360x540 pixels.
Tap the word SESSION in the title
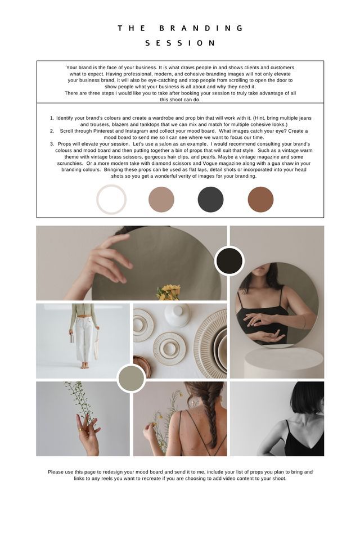click(x=180, y=43)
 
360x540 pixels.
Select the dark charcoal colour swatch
click(x=210, y=200)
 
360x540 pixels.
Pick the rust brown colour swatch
click(x=260, y=200)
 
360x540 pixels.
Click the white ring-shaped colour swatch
click(x=111, y=200)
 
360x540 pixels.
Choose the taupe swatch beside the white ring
click(x=161, y=200)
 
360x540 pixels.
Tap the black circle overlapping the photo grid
click(x=229, y=260)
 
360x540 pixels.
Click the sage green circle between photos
click(x=131, y=378)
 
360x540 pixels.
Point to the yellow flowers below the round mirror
click(x=169, y=292)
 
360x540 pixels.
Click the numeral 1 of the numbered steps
click(x=52, y=118)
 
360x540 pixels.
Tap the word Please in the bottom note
click(x=56, y=472)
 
